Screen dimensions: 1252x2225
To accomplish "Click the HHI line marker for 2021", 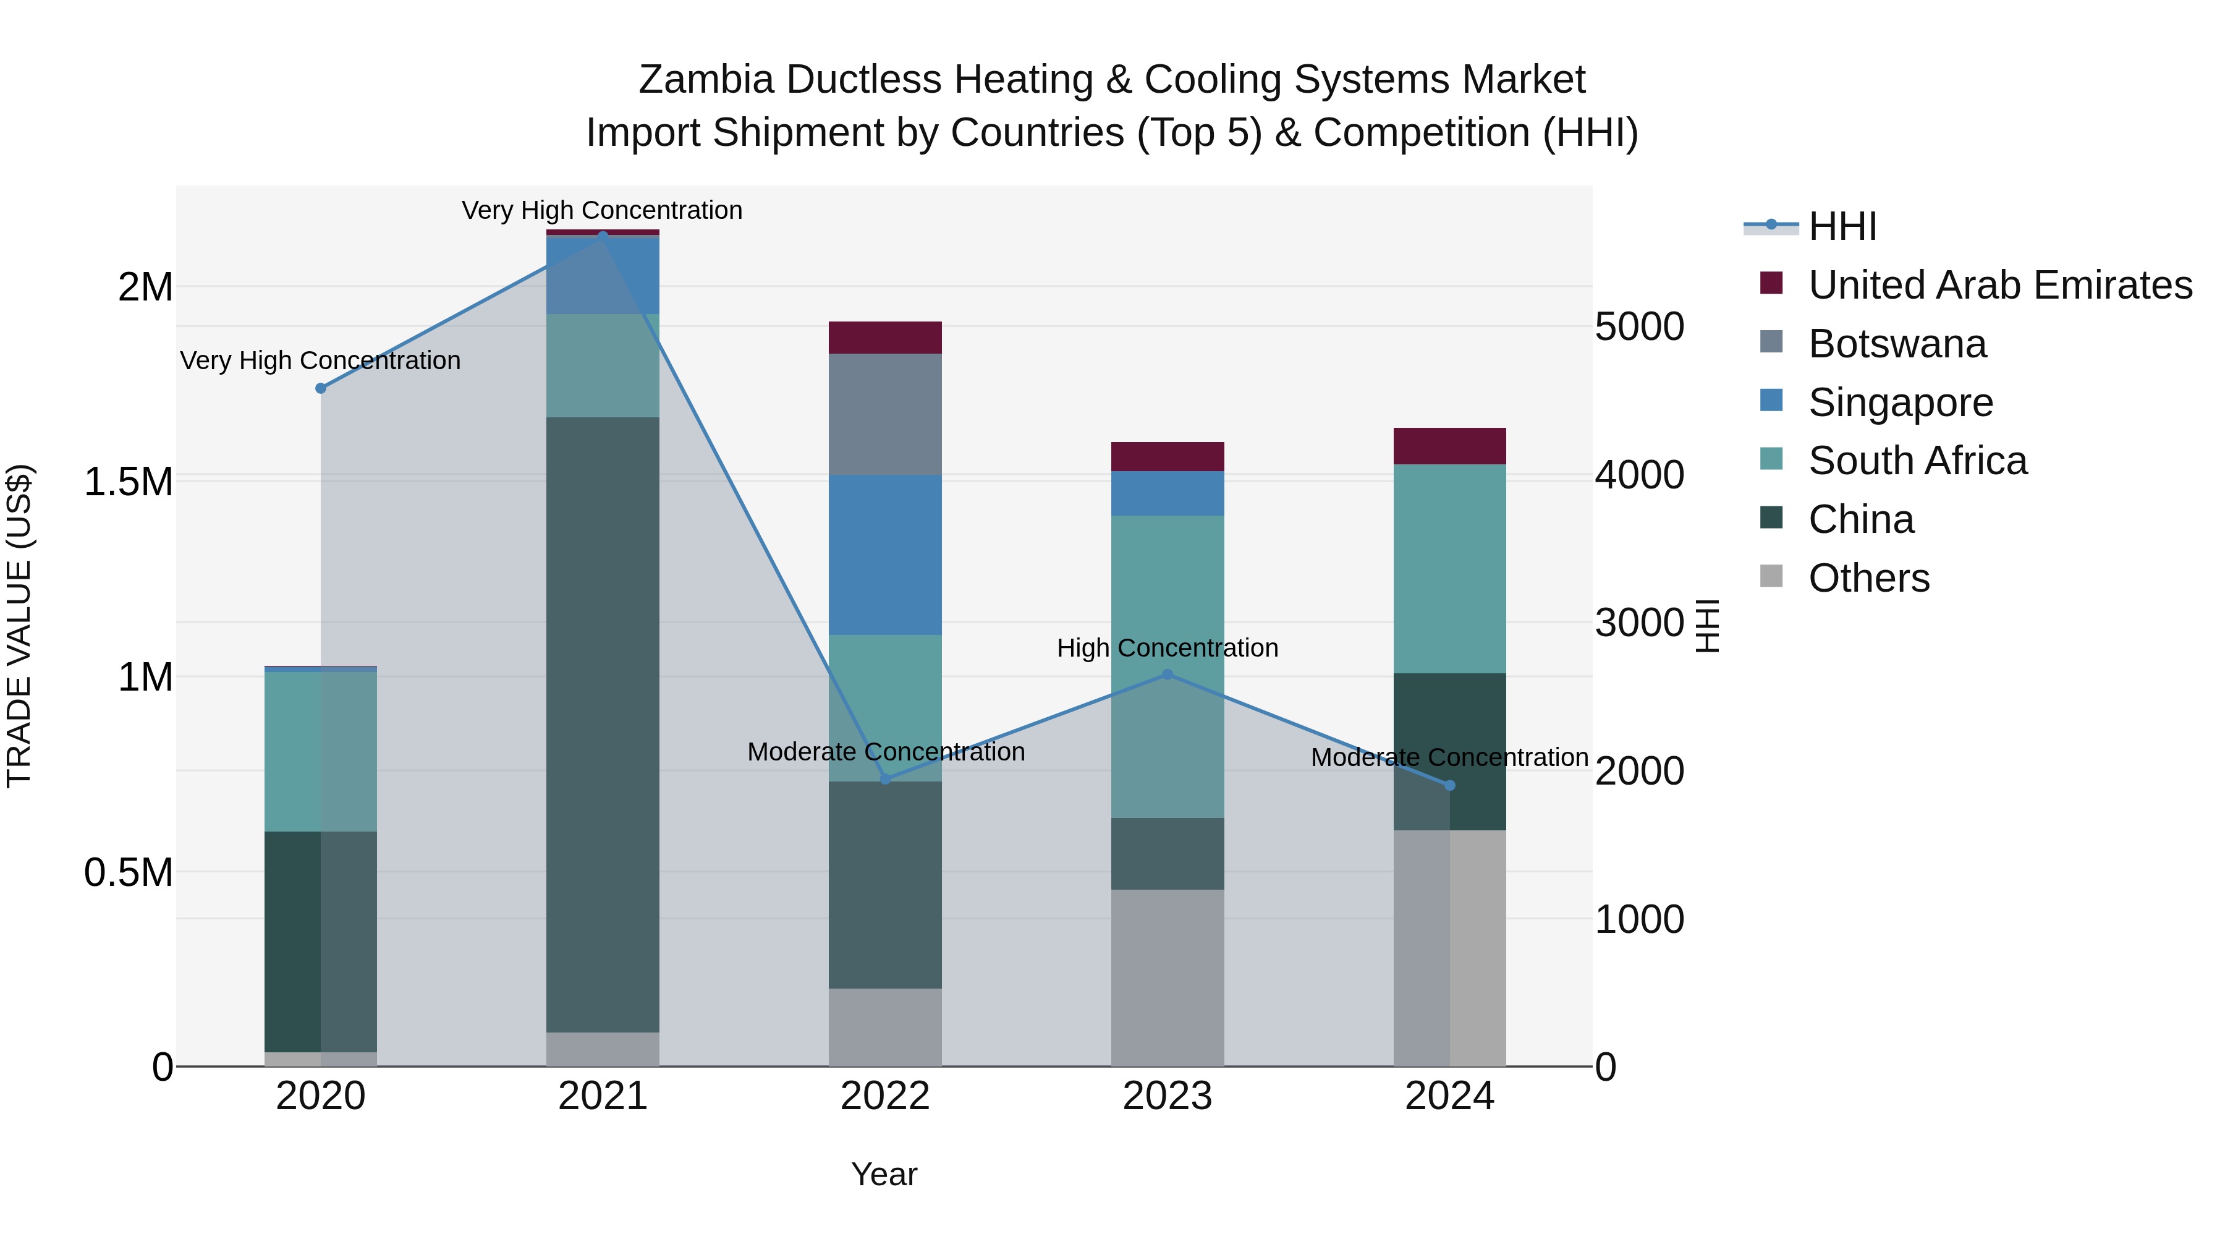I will click(x=603, y=234).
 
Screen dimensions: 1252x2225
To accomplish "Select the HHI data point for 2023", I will click(x=1167, y=674).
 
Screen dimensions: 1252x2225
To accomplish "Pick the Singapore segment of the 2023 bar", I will click(x=1167, y=493).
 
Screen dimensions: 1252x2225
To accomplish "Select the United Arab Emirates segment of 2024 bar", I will click(x=1449, y=446).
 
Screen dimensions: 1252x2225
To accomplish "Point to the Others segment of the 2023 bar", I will click(x=1167, y=977).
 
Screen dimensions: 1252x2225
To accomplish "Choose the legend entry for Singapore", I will click(x=1901, y=402).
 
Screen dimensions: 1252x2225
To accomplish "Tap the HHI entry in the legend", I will click(x=1842, y=226).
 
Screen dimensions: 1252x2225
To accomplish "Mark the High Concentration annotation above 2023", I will click(x=1167, y=648).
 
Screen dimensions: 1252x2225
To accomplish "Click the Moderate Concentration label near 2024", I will click(x=1449, y=758).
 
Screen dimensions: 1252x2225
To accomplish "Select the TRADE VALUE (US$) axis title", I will click(x=19, y=626).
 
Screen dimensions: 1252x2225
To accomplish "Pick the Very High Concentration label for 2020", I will click(x=320, y=360).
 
